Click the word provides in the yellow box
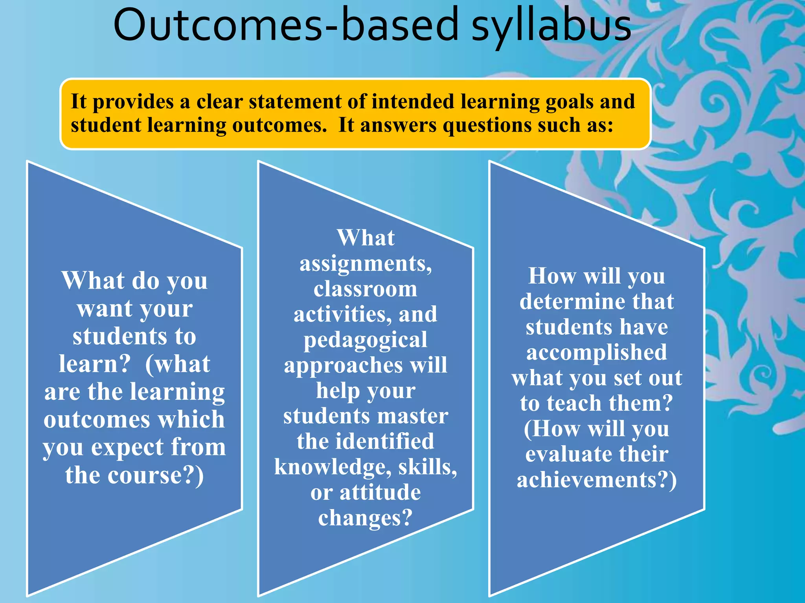pos(133,102)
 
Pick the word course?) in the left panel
pos(156,475)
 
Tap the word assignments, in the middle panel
pos(366,264)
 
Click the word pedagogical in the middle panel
pos(366,340)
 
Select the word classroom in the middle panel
pos(366,289)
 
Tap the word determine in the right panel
pos(572,302)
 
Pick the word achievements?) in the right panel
pos(597,480)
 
